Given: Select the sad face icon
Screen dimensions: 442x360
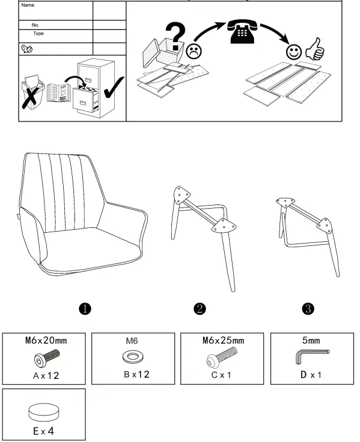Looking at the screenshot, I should pos(193,51).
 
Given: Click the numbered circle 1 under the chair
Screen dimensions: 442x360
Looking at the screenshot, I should pos(86,308).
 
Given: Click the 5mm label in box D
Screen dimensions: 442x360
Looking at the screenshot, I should pos(311,340).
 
